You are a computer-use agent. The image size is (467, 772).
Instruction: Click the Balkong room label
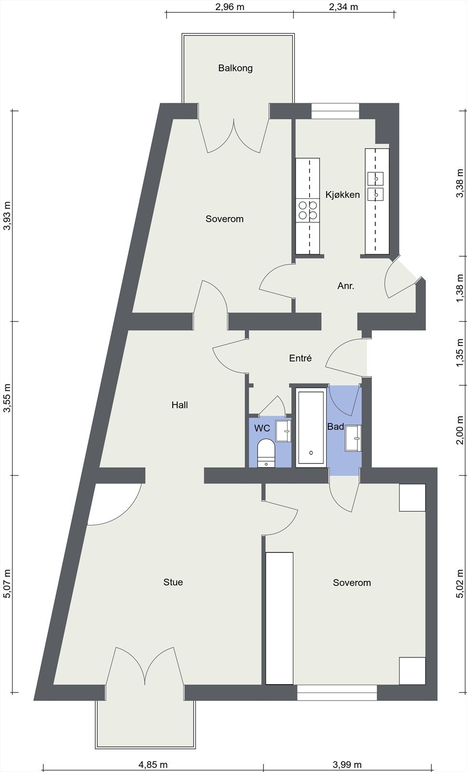(x=235, y=68)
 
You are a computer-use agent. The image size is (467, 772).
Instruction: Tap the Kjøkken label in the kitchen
(x=343, y=194)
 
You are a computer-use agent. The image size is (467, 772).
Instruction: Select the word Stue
(x=173, y=582)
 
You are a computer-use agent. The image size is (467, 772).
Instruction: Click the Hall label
(x=179, y=405)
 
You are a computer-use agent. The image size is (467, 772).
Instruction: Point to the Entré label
(x=300, y=358)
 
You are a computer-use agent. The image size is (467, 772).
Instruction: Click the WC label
(x=262, y=428)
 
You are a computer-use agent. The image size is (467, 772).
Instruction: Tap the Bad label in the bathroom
(x=335, y=427)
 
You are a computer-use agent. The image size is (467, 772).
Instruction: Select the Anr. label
(x=346, y=286)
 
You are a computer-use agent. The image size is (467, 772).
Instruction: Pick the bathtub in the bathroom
(x=311, y=427)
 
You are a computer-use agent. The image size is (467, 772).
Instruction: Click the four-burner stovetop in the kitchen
(x=308, y=210)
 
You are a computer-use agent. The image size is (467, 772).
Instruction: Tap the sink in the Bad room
(x=353, y=438)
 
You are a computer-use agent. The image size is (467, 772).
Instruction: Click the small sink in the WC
(x=283, y=431)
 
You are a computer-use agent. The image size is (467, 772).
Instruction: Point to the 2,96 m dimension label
(x=230, y=7)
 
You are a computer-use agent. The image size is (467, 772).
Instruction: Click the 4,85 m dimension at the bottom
(x=153, y=765)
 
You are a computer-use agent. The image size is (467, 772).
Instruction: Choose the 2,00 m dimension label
(x=460, y=430)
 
